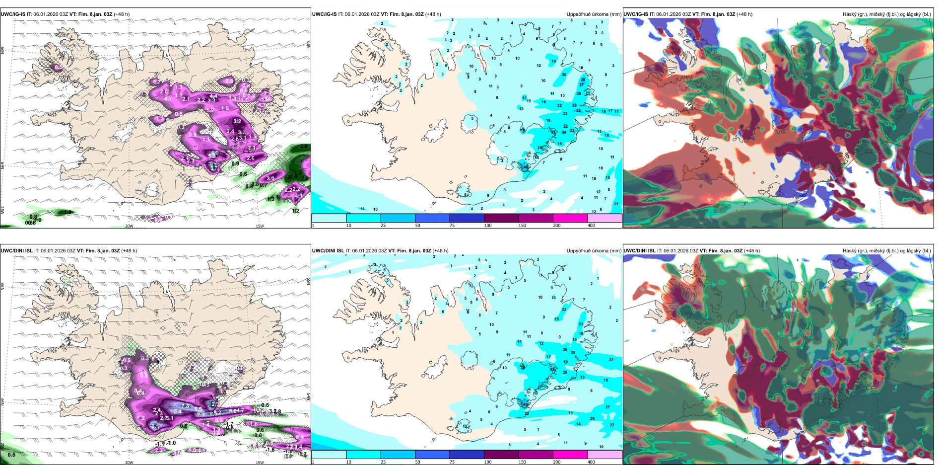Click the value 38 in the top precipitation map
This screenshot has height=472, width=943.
583,79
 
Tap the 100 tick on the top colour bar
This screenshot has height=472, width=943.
488,226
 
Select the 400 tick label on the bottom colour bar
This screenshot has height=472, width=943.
591,462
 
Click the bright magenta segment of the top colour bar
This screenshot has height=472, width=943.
570,218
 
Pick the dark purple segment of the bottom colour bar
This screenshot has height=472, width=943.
501,455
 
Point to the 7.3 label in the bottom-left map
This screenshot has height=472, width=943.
186,406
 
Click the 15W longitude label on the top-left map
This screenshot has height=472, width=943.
260,226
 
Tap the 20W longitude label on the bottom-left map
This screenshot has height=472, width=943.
129,463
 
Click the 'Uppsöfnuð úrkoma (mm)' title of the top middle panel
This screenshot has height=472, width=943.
594,14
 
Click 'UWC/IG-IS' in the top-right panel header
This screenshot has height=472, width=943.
636,14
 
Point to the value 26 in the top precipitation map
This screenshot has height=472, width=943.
564,75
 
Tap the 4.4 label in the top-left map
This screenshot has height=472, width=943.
213,96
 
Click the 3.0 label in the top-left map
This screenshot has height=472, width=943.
270,178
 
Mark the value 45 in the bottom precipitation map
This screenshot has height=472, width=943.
526,404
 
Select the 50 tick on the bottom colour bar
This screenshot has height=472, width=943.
417,462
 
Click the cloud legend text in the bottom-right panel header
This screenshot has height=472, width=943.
886,251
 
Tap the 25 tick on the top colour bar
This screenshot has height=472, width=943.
383,226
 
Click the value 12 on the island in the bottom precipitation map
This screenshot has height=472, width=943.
466,426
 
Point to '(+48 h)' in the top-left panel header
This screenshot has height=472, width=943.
122,14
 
